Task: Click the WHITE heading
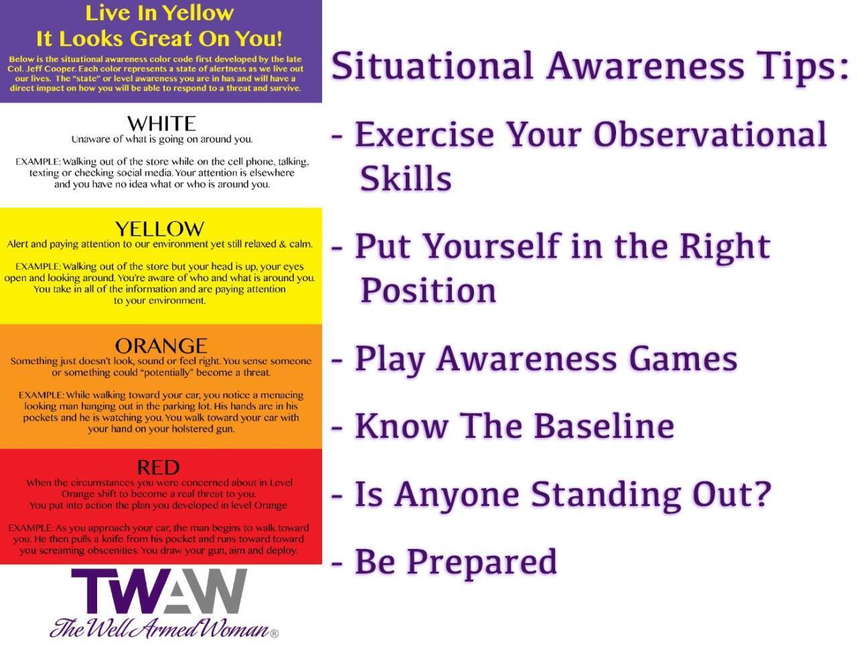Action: (x=161, y=123)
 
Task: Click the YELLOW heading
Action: (x=159, y=229)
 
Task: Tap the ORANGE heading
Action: (x=161, y=345)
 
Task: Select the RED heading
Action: (x=158, y=467)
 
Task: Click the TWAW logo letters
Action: (x=159, y=592)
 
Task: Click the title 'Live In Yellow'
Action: (x=159, y=13)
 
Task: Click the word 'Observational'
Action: (x=710, y=134)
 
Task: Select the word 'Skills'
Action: (x=406, y=178)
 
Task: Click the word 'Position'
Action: (x=428, y=290)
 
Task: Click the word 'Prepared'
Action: (x=481, y=561)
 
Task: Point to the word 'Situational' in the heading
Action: (x=433, y=66)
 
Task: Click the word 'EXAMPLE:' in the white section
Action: (x=37, y=162)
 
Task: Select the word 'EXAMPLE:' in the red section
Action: (x=30, y=528)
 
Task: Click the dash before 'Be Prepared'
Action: (x=338, y=562)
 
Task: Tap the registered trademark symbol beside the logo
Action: (x=274, y=632)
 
